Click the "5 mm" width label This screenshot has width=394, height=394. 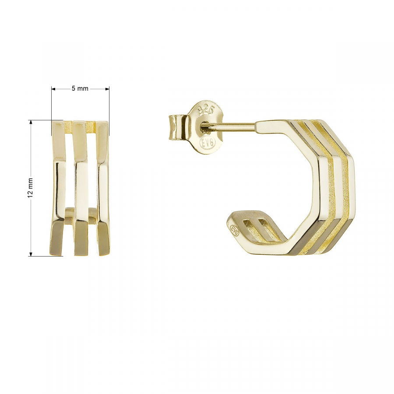pyautogui.click(x=80, y=88)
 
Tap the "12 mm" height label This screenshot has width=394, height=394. pyautogui.click(x=30, y=187)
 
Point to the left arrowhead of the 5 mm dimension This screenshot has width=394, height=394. pyautogui.click(x=53, y=88)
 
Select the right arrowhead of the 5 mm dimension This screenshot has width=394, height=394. pyautogui.click(x=107, y=88)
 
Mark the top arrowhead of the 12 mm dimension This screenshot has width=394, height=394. pyautogui.click(x=31, y=122)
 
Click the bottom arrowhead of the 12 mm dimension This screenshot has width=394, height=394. pyautogui.click(x=31, y=254)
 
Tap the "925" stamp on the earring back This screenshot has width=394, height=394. pyautogui.click(x=206, y=110)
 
